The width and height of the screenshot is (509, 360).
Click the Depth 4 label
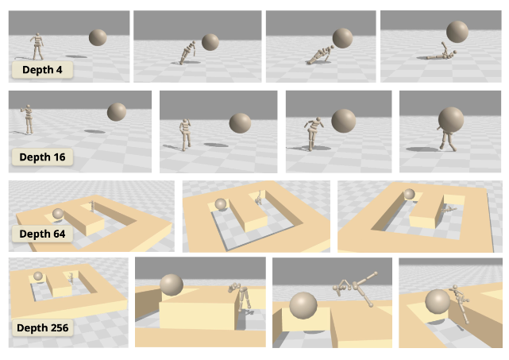point(42,69)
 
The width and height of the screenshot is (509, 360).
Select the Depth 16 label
point(42,157)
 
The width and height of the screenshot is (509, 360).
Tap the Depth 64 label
point(42,234)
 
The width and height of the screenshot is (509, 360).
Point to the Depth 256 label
point(42,327)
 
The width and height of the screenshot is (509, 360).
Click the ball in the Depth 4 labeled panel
point(98,37)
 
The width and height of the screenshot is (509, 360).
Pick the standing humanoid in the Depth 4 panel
point(37,46)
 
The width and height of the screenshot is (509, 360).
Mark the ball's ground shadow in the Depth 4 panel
point(76,56)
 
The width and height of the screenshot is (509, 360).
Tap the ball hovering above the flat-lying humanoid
point(457,32)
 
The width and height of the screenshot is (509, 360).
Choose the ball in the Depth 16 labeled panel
point(117,112)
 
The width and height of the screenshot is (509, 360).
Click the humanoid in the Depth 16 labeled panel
point(28,119)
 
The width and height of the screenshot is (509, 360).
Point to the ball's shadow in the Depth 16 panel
point(94,132)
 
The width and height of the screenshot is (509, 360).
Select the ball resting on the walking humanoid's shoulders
point(451,119)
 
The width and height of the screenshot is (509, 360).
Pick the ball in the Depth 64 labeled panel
point(58,214)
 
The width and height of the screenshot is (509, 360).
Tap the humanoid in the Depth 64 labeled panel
point(92,206)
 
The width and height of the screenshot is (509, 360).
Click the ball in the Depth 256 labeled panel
point(38,276)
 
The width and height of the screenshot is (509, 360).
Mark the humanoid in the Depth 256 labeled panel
point(71,277)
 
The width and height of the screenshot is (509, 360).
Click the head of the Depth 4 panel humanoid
point(37,34)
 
